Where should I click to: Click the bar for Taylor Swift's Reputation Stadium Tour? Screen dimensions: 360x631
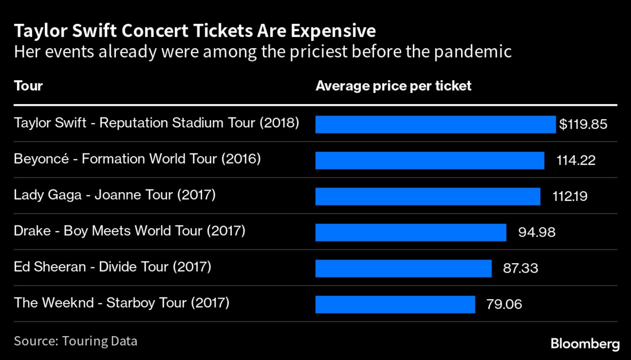click(435, 124)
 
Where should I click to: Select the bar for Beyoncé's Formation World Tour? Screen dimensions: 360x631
click(430, 160)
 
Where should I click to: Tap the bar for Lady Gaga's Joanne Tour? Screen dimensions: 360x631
click(428, 196)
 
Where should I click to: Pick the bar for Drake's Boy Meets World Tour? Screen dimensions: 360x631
click(411, 232)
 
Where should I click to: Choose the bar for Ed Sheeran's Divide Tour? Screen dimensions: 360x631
click(404, 268)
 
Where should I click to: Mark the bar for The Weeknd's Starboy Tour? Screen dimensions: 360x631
click(395, 304)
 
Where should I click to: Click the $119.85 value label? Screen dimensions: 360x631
click(583, 124)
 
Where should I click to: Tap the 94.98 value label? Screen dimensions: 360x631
click(536, 232)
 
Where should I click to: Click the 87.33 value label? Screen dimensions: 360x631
click(520, 268)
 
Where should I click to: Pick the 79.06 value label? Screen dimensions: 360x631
click(504, 304)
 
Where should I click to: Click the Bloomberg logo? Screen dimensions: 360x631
click(585, 343)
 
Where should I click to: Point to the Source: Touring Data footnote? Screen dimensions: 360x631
click(75, 341)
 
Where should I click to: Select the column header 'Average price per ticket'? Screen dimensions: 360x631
click(393, 86)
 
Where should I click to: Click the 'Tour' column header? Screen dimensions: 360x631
click(28, 86)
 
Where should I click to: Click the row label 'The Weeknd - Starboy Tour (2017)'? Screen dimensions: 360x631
click(121, 303)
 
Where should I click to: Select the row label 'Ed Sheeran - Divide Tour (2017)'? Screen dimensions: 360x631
click(112, 267)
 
